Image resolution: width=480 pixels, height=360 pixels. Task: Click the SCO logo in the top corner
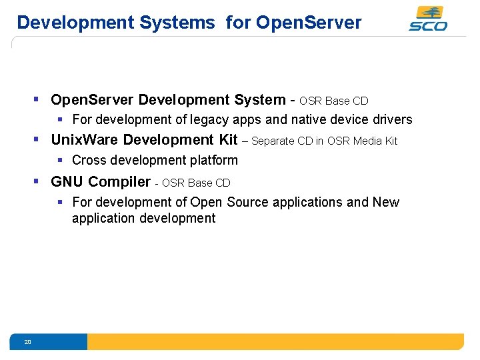tap(428, 19)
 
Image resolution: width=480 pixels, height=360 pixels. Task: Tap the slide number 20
tap(27, 342)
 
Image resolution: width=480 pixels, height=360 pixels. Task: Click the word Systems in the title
tap(177, 23)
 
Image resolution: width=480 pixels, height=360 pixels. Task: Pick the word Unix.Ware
tap(85, 140)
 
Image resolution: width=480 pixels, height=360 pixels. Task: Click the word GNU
tap(67, 182)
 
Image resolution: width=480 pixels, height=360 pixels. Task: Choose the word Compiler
tap(119, 182)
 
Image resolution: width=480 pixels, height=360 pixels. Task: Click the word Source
tap(247, 202)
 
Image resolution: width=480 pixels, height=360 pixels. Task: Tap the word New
tap(386, 202)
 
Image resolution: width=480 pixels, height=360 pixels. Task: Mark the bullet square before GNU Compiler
tap(38, 181)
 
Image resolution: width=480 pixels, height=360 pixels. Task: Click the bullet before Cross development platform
tap(60, 160)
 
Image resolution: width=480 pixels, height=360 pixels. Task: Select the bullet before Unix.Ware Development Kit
tap(38, 139)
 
